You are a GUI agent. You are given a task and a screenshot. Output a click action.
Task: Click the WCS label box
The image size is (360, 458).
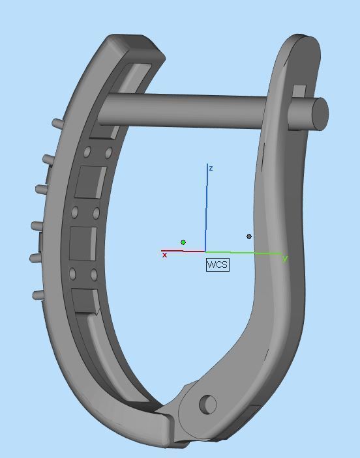pyautogui.click(x=217, y=265)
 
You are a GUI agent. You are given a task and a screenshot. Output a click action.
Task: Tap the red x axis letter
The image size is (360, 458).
pyautogui.click(x=164, y=255)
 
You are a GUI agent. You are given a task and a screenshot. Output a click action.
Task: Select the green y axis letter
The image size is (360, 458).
pyautogui.click(x=285, y=259)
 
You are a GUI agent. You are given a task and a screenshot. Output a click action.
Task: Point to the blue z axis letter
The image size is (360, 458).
pyautogui.click(x=211, y=168)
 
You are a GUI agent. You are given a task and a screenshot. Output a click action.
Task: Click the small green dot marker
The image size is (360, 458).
pyautogui.click(x=183, y=242)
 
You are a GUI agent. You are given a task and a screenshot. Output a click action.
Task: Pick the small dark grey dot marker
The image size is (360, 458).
pyautogui.click(x=249, y=236)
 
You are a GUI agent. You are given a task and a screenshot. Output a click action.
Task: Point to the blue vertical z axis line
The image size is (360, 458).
pyautogui.click(x=207, y=208)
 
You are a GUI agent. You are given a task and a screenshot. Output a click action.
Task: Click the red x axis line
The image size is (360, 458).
pyautogui.click(x=183, y=251)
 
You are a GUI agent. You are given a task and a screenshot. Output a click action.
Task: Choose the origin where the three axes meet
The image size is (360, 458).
pyautogui.click(x=205, y=251)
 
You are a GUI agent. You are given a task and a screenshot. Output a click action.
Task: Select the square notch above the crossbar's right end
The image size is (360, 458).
pyautogui.click(x=299, y=91)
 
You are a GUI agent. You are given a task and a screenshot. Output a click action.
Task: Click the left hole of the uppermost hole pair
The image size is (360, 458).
pyautogui.click(x=87, y=152)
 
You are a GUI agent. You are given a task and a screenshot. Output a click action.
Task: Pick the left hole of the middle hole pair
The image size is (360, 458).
pyautogui.click(x=75, y=212)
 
